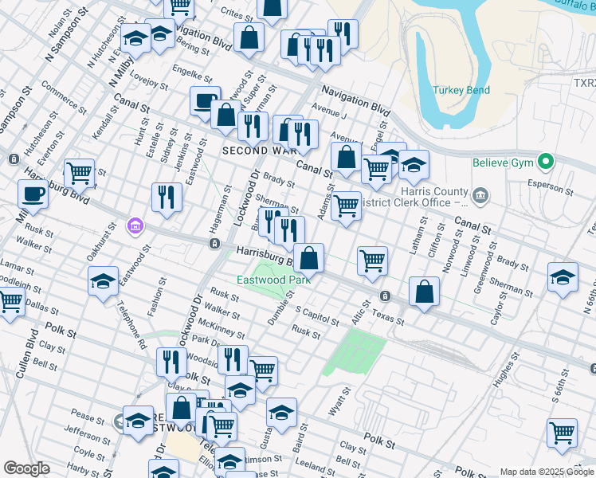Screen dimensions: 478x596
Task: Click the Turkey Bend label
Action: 461,90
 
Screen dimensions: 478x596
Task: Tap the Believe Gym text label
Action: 504,163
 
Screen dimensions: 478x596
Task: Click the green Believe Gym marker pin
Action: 546,162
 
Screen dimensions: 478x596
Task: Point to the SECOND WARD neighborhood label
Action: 253,150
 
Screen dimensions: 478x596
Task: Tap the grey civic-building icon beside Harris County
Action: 479,194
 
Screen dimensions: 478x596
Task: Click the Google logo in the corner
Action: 26,468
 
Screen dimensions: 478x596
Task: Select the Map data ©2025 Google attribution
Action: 546,472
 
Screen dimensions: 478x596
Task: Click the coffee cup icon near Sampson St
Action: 33,193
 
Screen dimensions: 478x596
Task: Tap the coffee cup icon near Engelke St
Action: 206,101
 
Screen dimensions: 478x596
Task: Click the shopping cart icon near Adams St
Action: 346,205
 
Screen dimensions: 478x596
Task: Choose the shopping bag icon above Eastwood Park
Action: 309,257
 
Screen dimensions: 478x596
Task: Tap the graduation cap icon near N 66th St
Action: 563,277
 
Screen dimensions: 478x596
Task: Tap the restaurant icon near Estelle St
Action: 166,197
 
